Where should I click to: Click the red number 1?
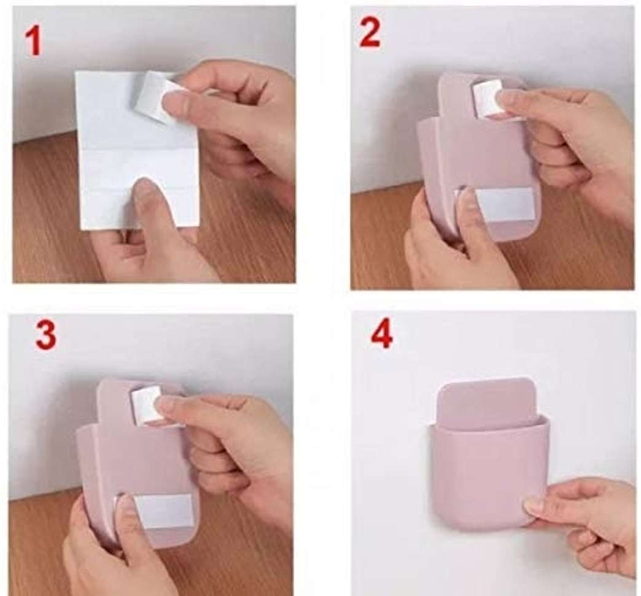coord(33,42)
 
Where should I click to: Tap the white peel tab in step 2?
coord(486,97)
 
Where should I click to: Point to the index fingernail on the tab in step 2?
coord(507,98)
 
